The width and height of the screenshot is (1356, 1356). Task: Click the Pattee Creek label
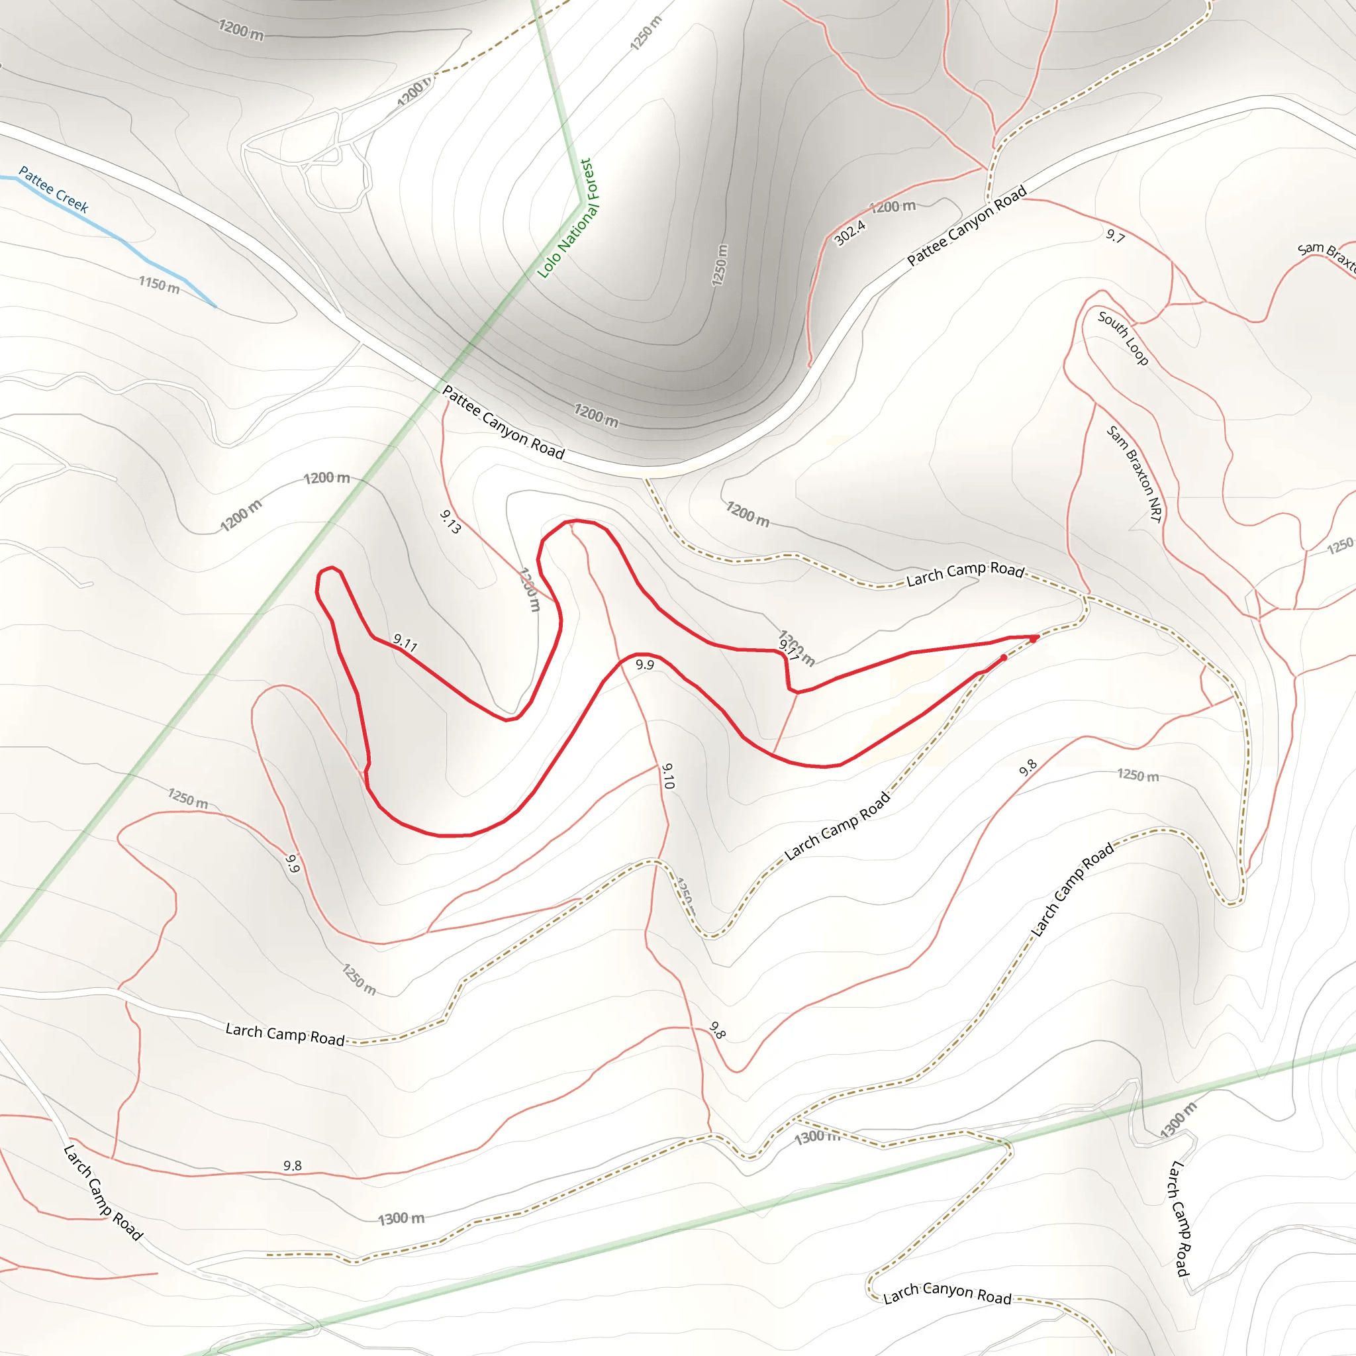point(54,189)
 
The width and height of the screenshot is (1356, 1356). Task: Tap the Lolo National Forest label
point(565,218)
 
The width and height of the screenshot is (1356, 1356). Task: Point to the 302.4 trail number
point(850,233)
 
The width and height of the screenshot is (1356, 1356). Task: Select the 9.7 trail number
point(1115,236)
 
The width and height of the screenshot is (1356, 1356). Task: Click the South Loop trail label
point(1123,338)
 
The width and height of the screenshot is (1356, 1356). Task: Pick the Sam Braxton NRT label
point(1134,474)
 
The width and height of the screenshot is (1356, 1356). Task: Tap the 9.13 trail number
point(451,522)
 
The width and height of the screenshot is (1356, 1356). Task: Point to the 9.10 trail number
point(667,776)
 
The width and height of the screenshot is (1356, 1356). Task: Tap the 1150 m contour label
point(159,284)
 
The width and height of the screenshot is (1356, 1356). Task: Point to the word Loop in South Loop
point(1136,352)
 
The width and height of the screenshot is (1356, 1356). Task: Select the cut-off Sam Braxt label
point(1326,256)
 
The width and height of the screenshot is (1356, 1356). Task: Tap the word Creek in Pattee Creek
point(72,200)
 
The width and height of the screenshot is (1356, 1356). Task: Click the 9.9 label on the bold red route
point(644,664)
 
